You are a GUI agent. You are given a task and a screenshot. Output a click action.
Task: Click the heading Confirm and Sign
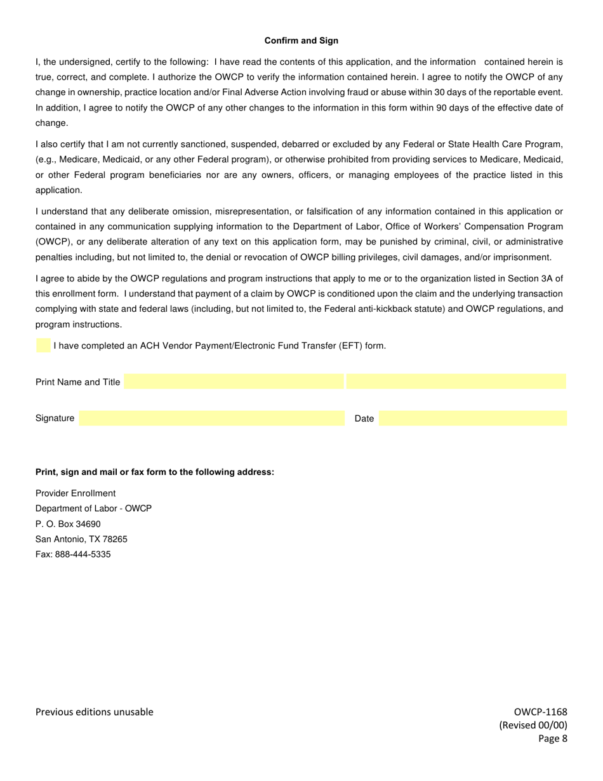pyautogui.click(x=301, y=41)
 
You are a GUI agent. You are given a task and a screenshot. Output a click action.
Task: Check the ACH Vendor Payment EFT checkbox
pyautogui.click(x=43, y=346)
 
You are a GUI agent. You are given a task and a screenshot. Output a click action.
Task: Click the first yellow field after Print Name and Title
pyautogui.click(x=234, y=382)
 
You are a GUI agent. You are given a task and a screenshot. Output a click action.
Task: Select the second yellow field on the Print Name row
pyautogui.click(x=456, y=382)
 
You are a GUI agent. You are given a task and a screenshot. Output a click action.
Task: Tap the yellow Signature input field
pyautogui.click(x=211, y=418)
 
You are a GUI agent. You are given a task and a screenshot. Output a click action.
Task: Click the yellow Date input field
pyautogui.click(x=472, y=418)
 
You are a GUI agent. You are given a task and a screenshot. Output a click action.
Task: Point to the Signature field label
pyautogui.click(x=55, y=418)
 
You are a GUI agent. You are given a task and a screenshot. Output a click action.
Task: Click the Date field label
pyautogui.click(x=364, y=419)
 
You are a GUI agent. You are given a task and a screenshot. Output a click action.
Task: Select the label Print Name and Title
pyautogui.click(x=77, y=382)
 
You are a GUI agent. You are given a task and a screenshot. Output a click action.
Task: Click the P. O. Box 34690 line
pyautogui.click(x=68, y=524)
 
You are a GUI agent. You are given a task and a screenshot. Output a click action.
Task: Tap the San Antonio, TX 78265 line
pyautogui.click(x=81, y=539)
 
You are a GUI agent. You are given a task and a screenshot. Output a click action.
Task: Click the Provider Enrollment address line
pyautogui.click(x=76, y=493)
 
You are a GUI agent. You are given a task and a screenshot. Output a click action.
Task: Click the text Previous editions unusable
pyautogui.click(x=94, y=712)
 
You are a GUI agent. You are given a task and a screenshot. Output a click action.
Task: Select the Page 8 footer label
pyautogui.click(x=552, y=738)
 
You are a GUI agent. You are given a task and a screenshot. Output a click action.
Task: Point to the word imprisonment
pyautogui.click(x=524, y=257)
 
